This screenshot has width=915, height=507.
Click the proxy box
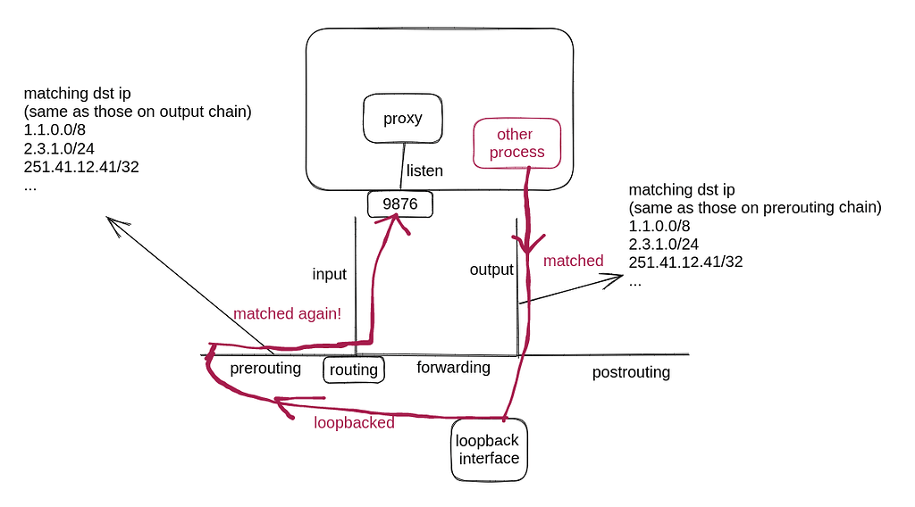[402, 119]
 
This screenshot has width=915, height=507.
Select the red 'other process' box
[516, 143]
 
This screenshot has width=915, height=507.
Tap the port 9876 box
[399, 204]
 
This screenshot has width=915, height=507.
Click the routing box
[354, 370]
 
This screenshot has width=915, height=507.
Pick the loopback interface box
[487, 449]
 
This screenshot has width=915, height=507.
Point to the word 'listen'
[425, 170]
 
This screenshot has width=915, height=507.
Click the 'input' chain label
[329, 274]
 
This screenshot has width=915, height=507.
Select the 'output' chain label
[491, 269]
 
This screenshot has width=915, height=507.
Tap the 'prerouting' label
[265, 368]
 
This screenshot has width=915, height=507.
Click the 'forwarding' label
[453, 367]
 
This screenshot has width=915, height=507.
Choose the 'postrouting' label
[631, 372]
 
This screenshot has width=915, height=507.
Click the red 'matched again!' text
[287, 314]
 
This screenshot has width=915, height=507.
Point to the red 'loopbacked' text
[354, 423]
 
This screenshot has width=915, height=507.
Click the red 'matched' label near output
[573, 261]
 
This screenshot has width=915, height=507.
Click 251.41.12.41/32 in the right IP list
[685, 262]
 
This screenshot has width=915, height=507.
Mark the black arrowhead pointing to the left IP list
[112, 223]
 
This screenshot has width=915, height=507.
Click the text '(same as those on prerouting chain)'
[755, 208]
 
